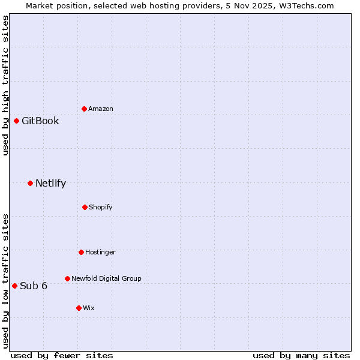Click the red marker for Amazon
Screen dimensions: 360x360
[x=84, y=109]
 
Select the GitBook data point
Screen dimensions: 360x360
[x=16, y=121]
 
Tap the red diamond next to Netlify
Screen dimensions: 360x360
[x=30, y=183]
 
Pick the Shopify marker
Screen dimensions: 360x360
[x=85, y=207]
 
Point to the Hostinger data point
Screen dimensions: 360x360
[x=81, y=252]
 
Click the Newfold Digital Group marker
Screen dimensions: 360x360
[x=67, y=278]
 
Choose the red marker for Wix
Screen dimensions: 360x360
[x=79, y=308]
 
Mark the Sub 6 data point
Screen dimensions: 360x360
[x=14, y=286]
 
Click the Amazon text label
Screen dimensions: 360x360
[x=101, y=109]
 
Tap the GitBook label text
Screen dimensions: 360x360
[x=40, y=121]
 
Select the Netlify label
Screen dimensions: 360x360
[x=50, y=183]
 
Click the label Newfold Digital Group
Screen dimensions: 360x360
[x=106, y=278]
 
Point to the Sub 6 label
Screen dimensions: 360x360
[x=34, y=286]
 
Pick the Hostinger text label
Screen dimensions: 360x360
[x=100, y=252]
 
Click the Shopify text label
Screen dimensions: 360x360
[x=101, y=207]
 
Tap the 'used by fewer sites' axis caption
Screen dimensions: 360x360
[x=62, y=355]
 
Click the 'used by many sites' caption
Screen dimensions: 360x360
[x=301, y=355]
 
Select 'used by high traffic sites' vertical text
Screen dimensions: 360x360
[x=5, y=85]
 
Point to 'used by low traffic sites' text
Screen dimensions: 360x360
[x=5, y=280]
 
